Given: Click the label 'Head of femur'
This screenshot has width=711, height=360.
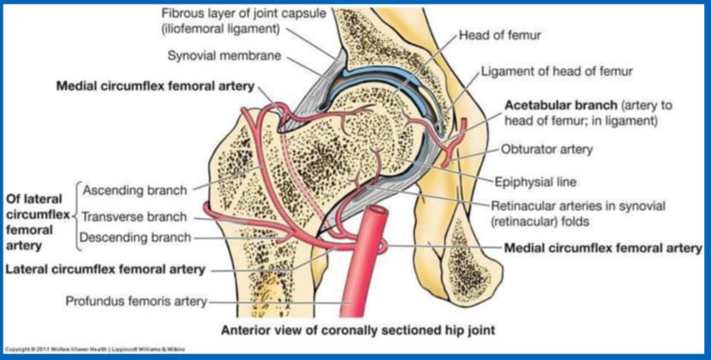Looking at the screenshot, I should tap(500, 35).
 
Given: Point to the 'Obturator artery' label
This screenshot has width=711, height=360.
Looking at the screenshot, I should tap(546, 150).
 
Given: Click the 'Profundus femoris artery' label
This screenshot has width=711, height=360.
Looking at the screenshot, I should tap(136, 301).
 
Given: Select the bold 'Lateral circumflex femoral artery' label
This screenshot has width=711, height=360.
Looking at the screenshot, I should tap(106, 269).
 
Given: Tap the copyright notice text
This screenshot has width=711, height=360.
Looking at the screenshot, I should tap(93, 349).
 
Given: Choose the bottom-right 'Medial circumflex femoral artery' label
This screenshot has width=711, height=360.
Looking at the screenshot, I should tap(603, 248).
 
